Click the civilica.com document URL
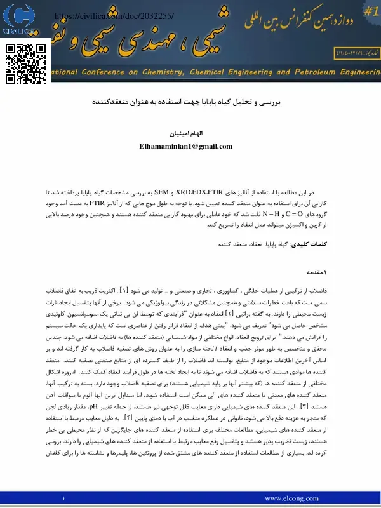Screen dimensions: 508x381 pos(114,15)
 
